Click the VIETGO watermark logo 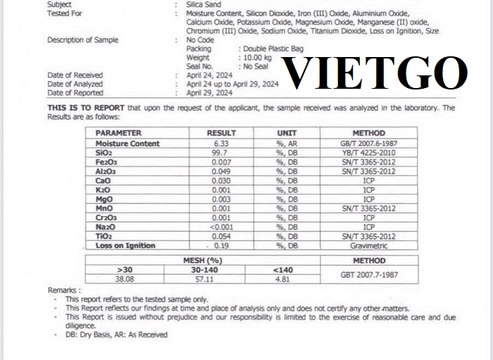click(x=375, y=73)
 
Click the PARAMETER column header click(x=118, y=133)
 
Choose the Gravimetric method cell click(x=368, y=246)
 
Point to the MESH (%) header click(x=211, y=260)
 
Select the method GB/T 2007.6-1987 click(x=368, y=144)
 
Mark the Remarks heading click(x=64, y=290)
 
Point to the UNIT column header click(x=289, y=133)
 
